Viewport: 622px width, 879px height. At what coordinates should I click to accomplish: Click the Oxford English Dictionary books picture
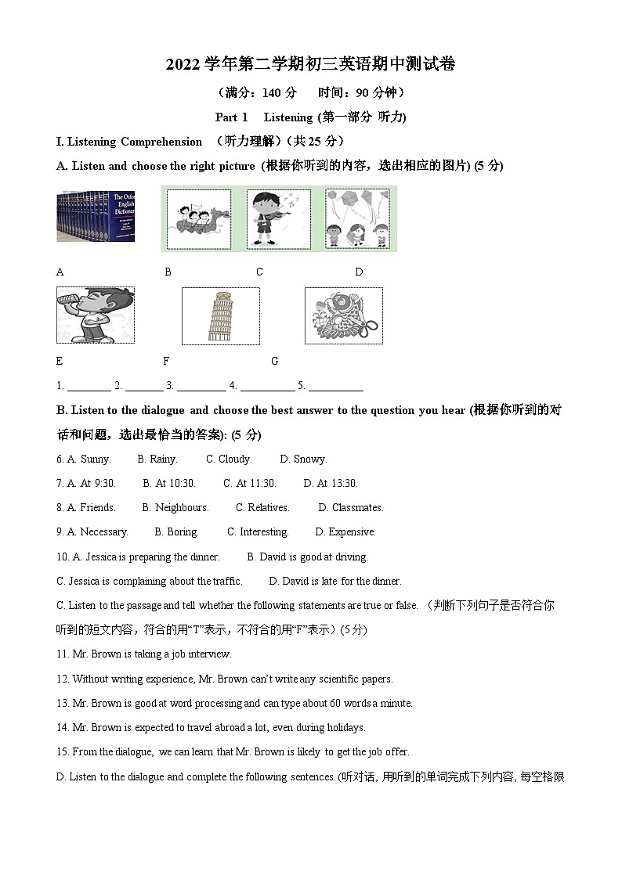95,216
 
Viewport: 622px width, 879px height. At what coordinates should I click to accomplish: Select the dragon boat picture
199,218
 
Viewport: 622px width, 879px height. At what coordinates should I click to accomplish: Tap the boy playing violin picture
278,218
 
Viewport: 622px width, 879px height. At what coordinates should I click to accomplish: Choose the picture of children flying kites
358,218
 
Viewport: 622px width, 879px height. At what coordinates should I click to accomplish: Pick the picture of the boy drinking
95,315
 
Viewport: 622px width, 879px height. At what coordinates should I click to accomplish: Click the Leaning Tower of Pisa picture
220,316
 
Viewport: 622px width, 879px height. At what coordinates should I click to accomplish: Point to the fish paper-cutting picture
343,315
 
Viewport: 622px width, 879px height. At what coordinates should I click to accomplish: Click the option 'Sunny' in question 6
95,459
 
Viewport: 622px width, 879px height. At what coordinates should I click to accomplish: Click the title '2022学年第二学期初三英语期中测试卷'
310,64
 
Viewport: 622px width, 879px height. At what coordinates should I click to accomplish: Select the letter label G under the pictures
274,362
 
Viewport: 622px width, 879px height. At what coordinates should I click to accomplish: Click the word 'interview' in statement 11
212,654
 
